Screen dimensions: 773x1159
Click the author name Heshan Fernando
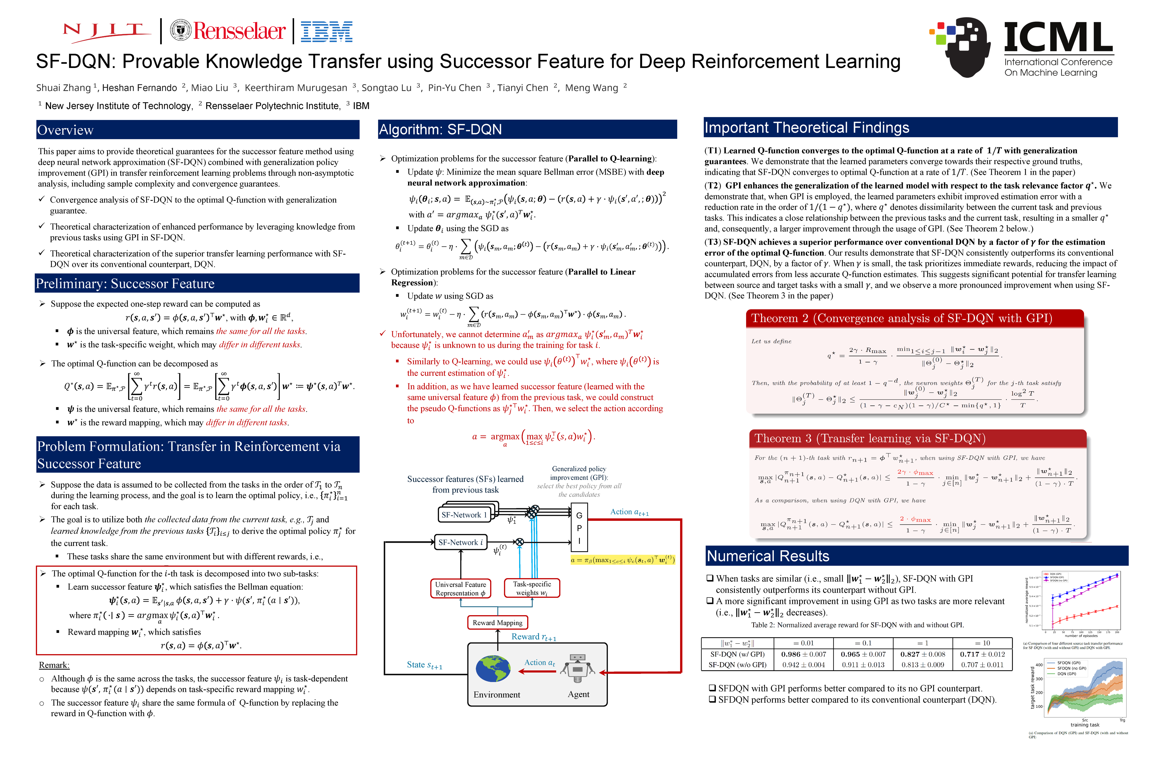(140, 88)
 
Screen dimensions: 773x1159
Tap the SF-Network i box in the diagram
(461, 542)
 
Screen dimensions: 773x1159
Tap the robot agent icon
(577, 669)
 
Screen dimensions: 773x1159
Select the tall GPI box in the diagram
(579, 527)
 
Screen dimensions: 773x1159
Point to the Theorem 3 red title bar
(870, 438)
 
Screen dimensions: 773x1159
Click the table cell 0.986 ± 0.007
(803, 654)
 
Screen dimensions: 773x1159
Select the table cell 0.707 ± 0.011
(982, 665)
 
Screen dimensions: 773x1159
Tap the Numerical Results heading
(768, 556)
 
